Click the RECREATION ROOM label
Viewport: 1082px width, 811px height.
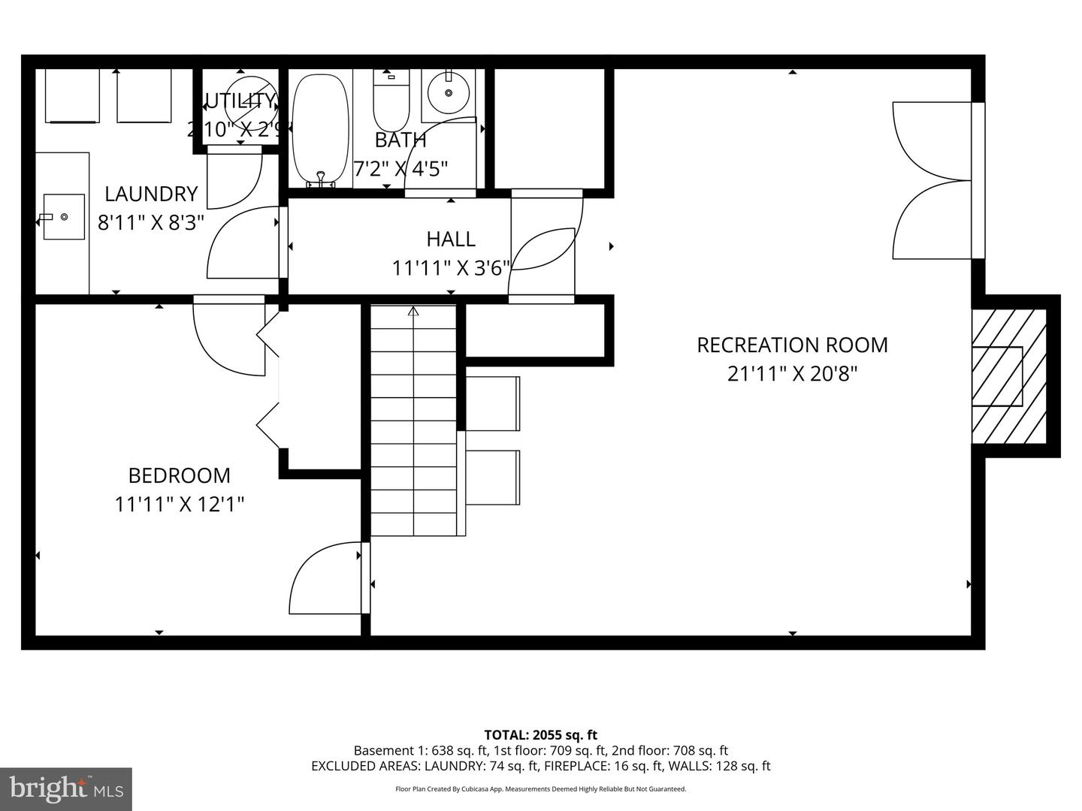tap(792, 345)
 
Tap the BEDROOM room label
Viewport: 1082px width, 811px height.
tap(179, 475)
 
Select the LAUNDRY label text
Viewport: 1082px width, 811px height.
tap(150, 194)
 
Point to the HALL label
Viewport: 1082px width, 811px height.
tap(451, 239)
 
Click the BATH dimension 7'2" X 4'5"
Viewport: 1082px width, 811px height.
tap(400, 167)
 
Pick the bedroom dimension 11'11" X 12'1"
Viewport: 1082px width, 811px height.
tap(179, 504)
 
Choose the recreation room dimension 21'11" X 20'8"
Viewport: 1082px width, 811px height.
tap(792, 373)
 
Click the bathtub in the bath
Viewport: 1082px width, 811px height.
tap(321, 129)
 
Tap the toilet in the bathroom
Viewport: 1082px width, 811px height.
tap(391, 101)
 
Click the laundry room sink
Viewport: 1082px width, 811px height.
tap(63, 216)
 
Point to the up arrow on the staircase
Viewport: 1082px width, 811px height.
tap(413, 311)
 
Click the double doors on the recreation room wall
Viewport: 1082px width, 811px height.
tap(932, 180)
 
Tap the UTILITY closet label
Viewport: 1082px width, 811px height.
tap(240, 101)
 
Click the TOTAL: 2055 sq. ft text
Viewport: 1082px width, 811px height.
tap(540, 734)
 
